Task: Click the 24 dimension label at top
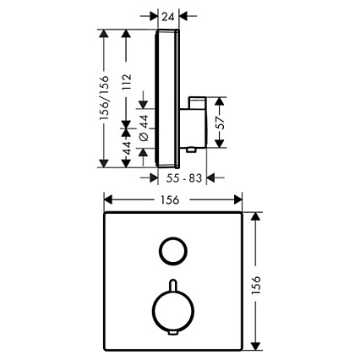coord(168,17)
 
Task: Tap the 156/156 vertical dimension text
coord(104,98)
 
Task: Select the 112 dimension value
coord(127,82)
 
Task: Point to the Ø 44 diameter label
coord(144,128)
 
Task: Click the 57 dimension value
coord(221,123)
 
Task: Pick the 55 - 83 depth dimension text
coord(184,178)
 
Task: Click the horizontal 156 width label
coord(170,200)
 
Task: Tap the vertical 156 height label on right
coord(256,285)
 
